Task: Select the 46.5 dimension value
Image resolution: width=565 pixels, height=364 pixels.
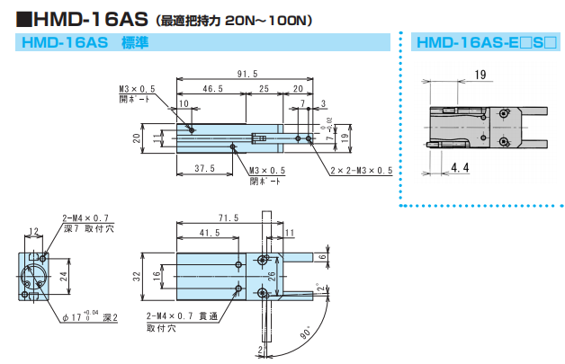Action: (x=213, y=89)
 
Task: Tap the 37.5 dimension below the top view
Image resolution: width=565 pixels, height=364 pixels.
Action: (x=205, y=168)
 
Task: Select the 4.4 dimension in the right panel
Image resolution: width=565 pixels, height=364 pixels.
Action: (x=460, y=168)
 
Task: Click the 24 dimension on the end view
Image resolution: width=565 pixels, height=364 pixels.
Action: (x=64, y=279)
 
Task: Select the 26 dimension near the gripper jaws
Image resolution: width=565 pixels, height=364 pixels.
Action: (x=272, y=278)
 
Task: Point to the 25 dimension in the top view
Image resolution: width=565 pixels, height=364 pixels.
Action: (x=263, y=89)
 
